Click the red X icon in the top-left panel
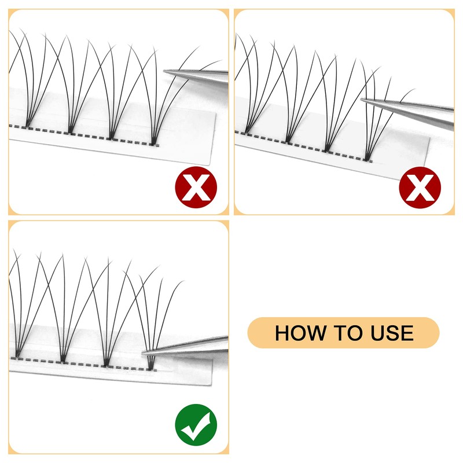click(x=196, y=188)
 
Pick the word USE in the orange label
click(x=391, y=333)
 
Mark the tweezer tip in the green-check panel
click(x=145, y=351)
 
